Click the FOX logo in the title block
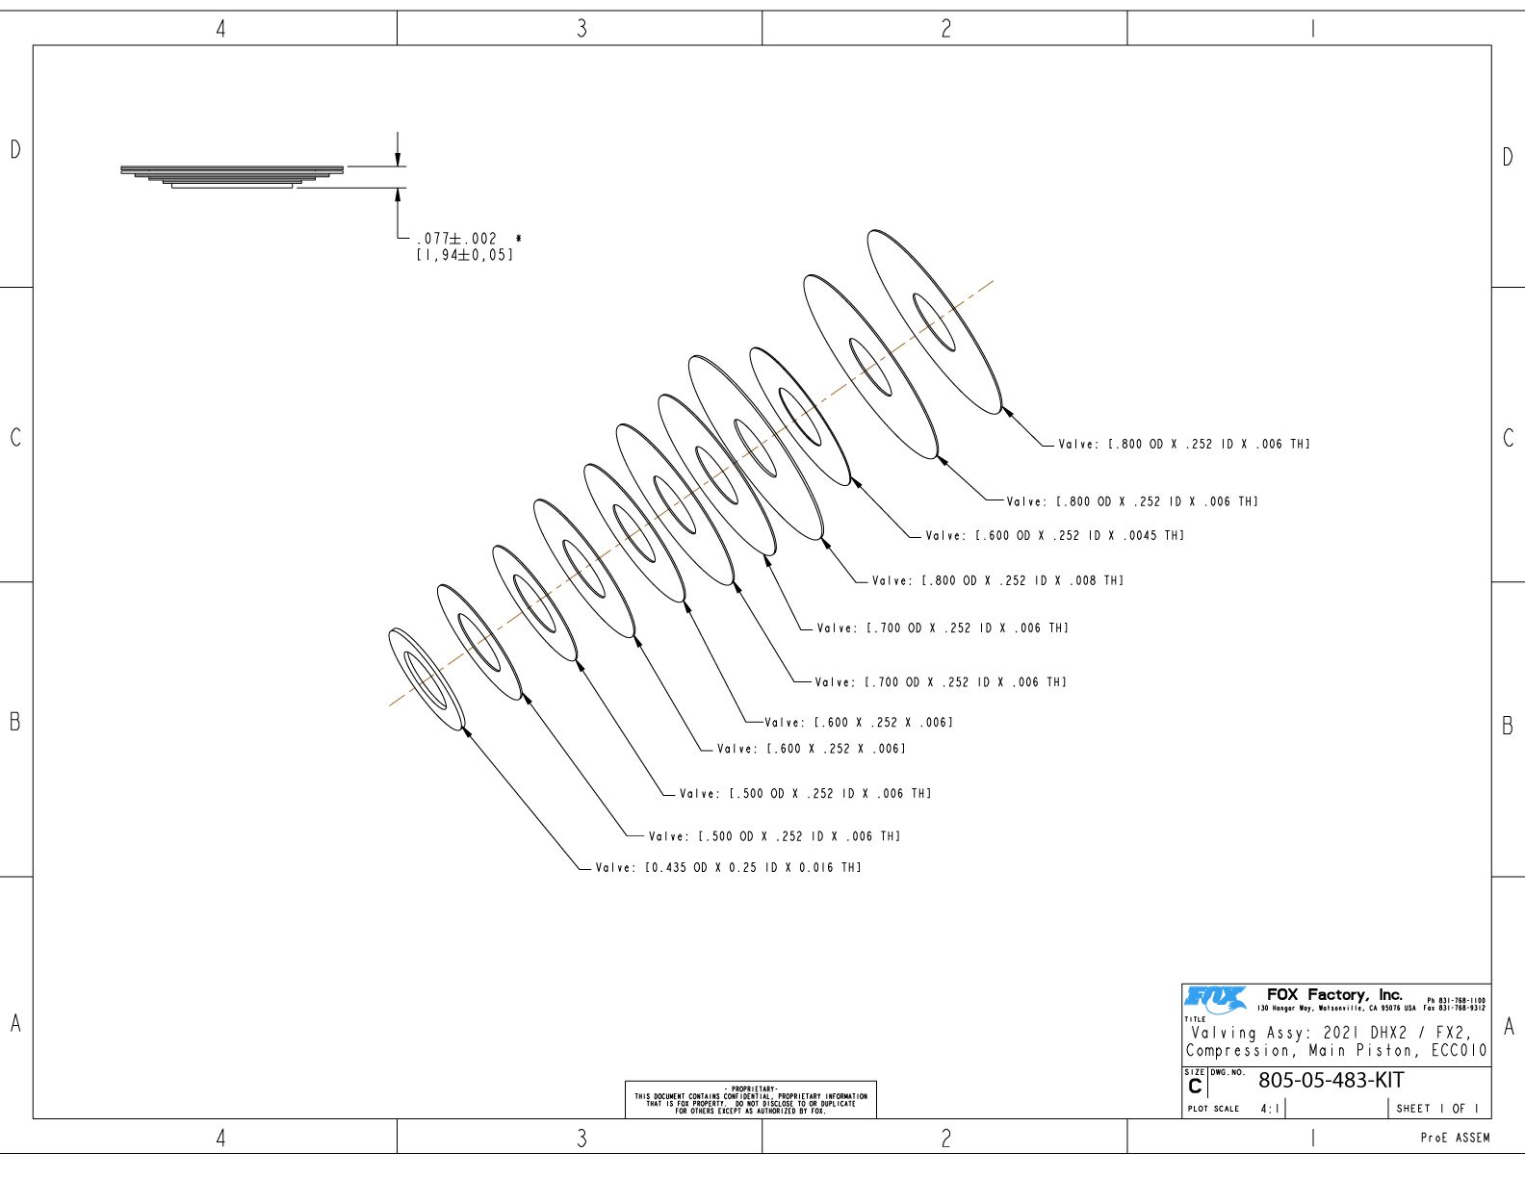(x=1216, y=999)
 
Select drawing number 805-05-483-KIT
(x=1331, y=1080)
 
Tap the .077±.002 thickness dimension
(x=456, y=239)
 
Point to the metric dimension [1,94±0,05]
(x=465, y=255)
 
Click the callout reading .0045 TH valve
(x=1054, y=535)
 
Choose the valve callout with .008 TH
(x=997, y=580)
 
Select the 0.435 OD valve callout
(x=728, y=867)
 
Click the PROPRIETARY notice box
(x=750, y=1099)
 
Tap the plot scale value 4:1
(x=1270, y=1109)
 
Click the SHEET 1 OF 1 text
(x=1437, y=1109)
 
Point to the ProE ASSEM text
(x=1455, y=1138)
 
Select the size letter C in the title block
(x=1195, y=1087)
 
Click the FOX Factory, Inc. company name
(x=1334, y=995)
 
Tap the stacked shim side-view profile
(x=232, y=177)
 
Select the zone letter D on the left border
(x=15, y=149)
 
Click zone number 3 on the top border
(x=582, y=29)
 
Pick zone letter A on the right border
(x=1509, y=1027)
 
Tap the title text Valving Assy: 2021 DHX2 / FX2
(x=1331, y=1033)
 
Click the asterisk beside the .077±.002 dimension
(x=518, y=239)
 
